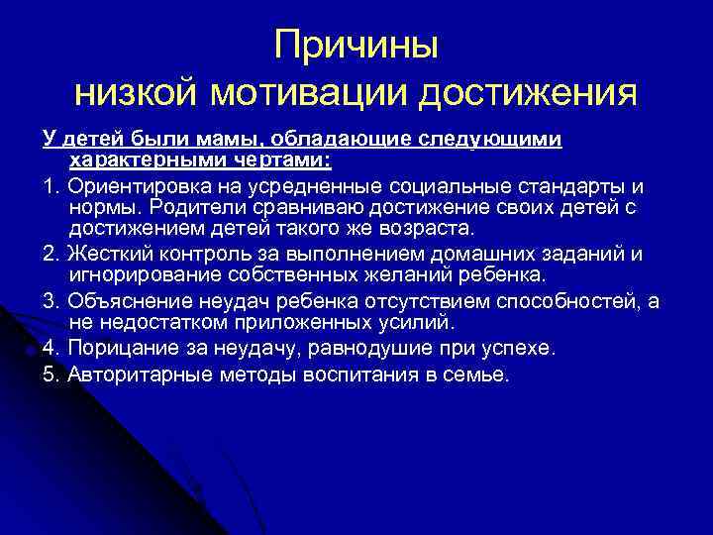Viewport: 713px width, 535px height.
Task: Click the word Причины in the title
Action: pyautogui.click(x=356, y=45)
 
